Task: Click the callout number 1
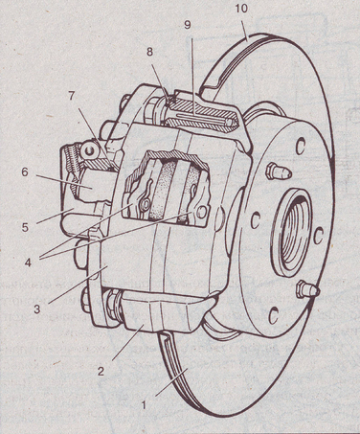[144, 405]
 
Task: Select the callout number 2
[101, 371]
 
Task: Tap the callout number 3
[37, 308]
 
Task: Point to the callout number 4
[29, 263]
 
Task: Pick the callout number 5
[25, 227]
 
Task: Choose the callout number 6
[25, 171]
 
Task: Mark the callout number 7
[71, 96]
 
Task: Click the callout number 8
[150, 52]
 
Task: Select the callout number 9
[188, 25]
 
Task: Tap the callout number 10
[241, 9]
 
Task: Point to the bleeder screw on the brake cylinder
[88, 149]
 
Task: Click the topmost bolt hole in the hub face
[300, 147]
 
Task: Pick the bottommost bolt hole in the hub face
[273, 315]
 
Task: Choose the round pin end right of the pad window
[201, 212]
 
